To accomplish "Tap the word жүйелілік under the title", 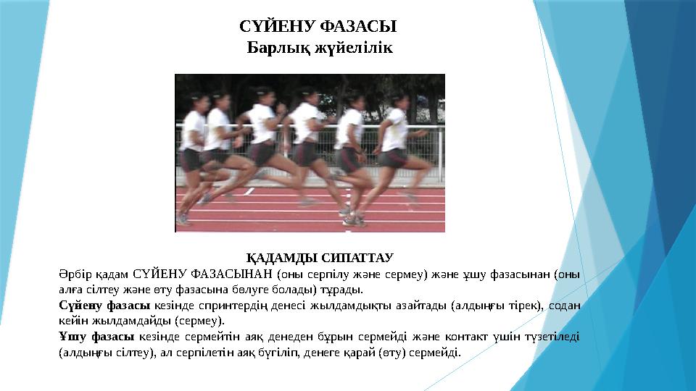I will coord(352,48).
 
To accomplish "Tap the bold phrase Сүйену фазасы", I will coord(104,306).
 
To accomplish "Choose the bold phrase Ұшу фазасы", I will coord(96,337).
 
